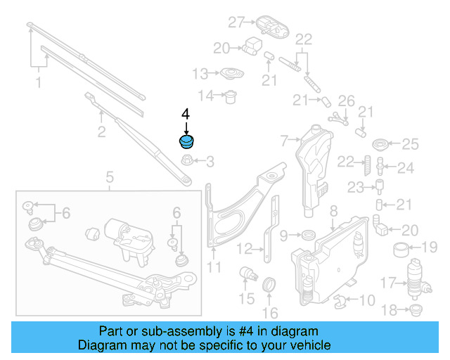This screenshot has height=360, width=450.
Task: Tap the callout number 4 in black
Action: (x=186, y=113)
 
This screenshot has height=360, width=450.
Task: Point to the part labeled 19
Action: (x=401, y=247)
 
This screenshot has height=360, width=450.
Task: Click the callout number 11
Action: (x=214, y=267)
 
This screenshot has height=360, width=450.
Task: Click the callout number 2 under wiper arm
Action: (x=101, y=131)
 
